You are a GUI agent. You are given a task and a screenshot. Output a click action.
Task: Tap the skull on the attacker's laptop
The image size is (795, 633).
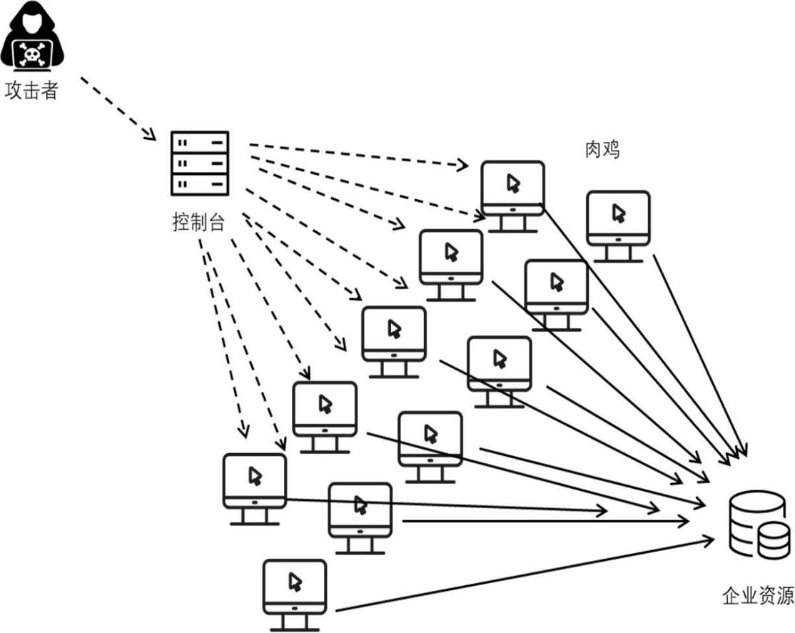point(31,54)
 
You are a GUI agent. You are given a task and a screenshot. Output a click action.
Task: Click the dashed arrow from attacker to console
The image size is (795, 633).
point(118,108)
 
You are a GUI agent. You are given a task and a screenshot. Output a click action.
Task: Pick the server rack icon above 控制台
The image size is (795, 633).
point(200,163)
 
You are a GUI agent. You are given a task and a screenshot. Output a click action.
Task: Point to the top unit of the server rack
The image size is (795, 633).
point(200,143)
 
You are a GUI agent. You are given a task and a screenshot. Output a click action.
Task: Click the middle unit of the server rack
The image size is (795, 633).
point(200,163)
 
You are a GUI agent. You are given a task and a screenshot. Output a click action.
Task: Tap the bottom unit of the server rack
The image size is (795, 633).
point(200,183)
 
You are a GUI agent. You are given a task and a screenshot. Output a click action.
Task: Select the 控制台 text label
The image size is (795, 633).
point(198,223)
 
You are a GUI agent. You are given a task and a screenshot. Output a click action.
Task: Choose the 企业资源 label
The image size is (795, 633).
point(757,596)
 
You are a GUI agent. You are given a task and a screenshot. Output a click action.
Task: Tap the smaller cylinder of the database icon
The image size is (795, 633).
point(774,540)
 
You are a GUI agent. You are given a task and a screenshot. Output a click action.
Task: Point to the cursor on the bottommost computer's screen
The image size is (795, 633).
point(294,582)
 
